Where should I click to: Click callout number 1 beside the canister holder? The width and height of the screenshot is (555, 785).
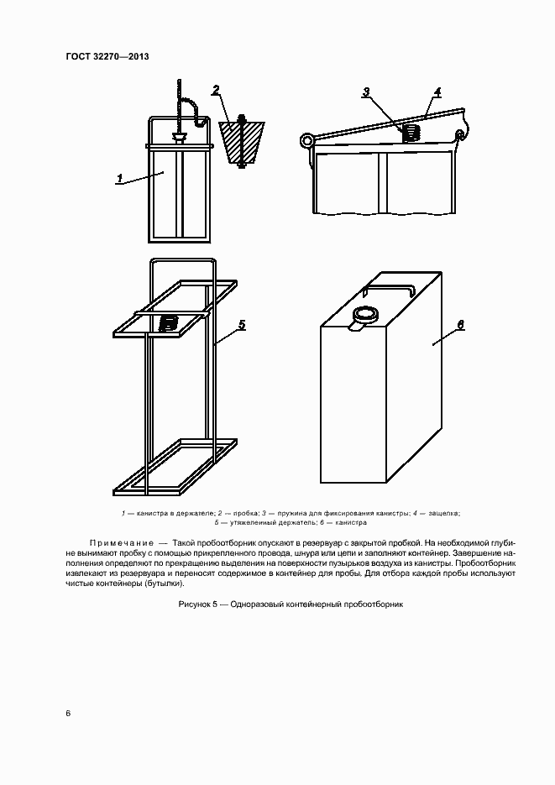(120, 178)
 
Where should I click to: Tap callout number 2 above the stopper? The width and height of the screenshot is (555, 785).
(216, 90)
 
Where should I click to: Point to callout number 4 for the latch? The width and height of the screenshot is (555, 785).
(437, 91)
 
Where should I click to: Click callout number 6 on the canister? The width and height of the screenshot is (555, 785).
(461, 323)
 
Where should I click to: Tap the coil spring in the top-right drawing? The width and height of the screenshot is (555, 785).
(411, 132)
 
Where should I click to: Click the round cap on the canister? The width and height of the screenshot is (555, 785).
(365, 315)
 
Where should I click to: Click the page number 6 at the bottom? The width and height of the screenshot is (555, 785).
(68, 714)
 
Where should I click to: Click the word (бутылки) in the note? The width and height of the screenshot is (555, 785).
(163, 583)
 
